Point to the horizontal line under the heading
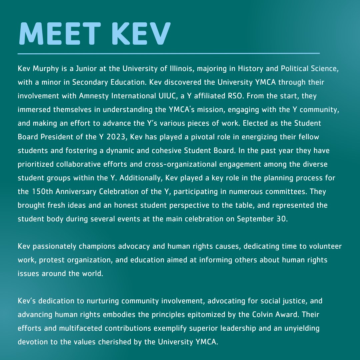click(x=168, y=53)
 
